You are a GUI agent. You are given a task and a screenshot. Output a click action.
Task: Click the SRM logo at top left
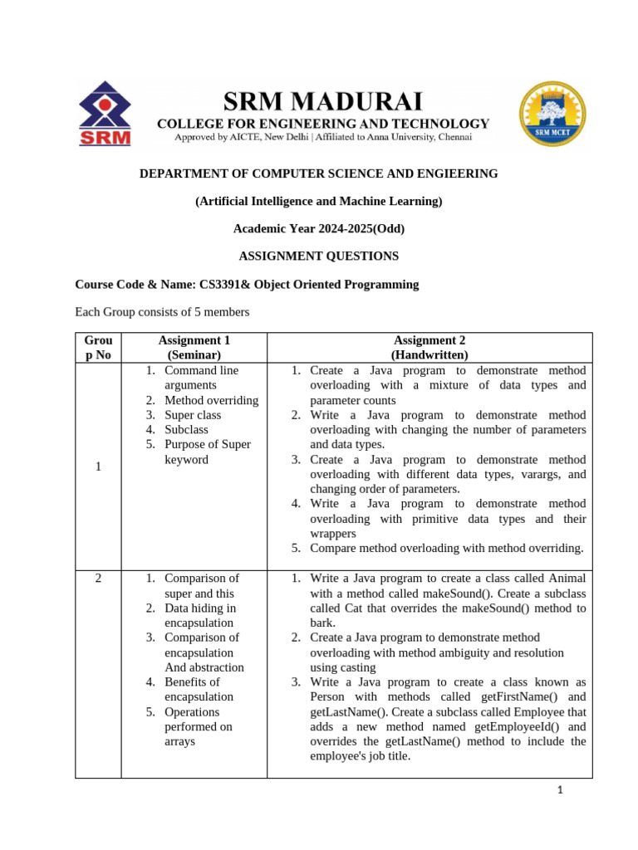pos(104,115)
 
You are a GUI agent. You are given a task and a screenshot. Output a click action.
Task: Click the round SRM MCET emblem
pos(552,115)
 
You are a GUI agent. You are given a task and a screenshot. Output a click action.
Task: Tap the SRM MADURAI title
pos(323,102)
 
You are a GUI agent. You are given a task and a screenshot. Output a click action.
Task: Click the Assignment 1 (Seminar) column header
pos(194,347)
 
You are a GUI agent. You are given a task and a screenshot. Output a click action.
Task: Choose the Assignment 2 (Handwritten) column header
pos(429,347)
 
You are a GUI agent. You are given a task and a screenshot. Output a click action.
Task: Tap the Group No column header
pos(98,347)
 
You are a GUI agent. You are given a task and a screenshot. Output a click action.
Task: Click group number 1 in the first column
pos(98,467)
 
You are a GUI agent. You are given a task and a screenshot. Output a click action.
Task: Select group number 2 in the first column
pos(98,579)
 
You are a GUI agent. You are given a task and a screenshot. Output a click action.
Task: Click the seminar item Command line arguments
pos(202,378)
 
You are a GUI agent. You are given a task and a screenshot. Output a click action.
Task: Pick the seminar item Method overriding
pos(211,400)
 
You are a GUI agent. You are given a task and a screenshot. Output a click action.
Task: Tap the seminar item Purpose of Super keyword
pos(207,452)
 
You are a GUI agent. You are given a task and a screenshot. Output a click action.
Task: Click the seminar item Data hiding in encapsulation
pos(199,615)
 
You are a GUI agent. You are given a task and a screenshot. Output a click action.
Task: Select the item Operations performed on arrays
pos(198,726)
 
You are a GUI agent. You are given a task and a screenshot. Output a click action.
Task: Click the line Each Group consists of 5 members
pos(162,312)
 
